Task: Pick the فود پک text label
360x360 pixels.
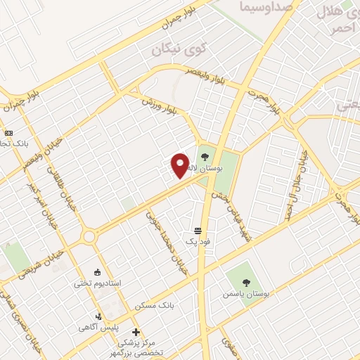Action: tap(198, 243)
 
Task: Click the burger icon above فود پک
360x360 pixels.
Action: tap(198, 231)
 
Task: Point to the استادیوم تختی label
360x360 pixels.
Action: tap(98, 283)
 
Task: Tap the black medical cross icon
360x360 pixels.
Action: tap(136, 332)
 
